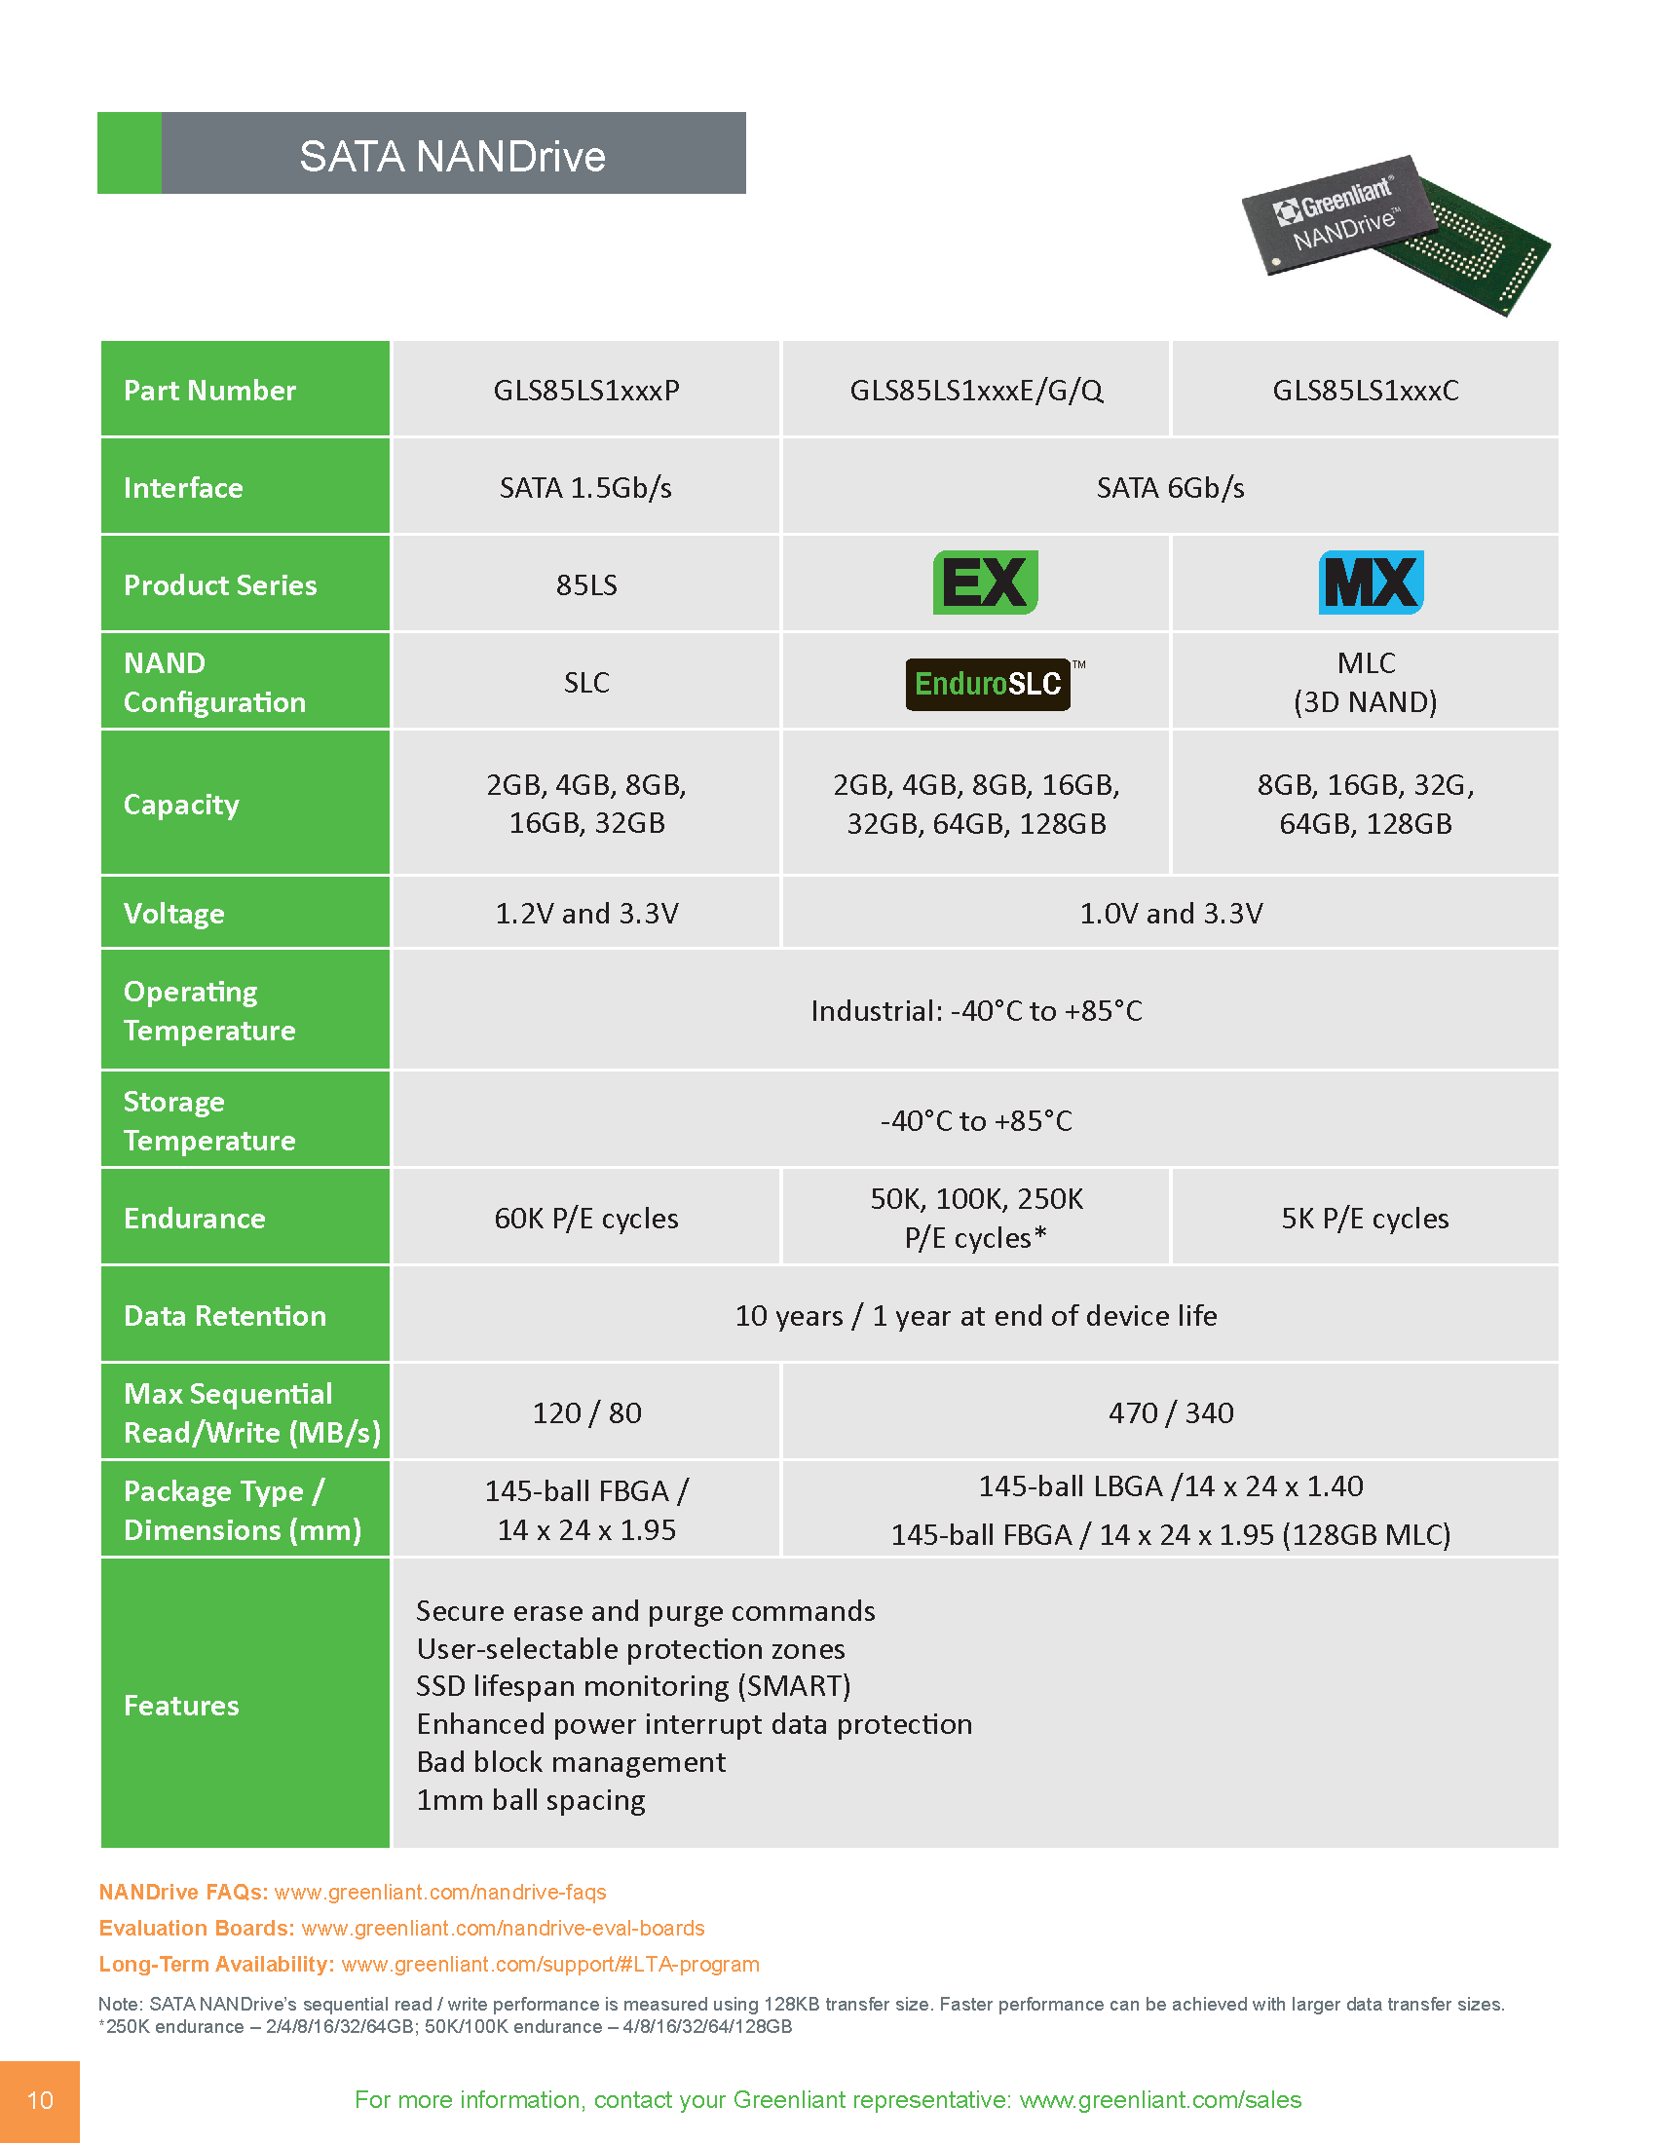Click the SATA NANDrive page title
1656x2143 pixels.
452,156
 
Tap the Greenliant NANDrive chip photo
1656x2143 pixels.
1393,234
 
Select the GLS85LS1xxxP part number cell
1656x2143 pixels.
585,391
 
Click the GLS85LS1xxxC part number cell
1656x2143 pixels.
1365,391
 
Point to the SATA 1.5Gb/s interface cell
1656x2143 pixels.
585,488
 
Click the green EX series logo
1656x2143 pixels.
985,583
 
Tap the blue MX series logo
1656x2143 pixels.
1371,583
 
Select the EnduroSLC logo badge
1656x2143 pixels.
988,684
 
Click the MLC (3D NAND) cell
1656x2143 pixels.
1365,682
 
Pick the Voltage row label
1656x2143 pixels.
173,914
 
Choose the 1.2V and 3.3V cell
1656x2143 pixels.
585,914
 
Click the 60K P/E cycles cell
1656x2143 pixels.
585,1219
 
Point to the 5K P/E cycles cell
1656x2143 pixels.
1365,1219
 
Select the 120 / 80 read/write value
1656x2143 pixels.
585,1413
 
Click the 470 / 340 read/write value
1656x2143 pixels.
1170,1413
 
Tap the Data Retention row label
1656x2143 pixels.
225,1316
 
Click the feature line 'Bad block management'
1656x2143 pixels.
571,1762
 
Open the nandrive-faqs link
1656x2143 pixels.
439,1892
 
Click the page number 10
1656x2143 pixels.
39,2100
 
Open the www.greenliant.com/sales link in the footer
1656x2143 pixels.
1159,2100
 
